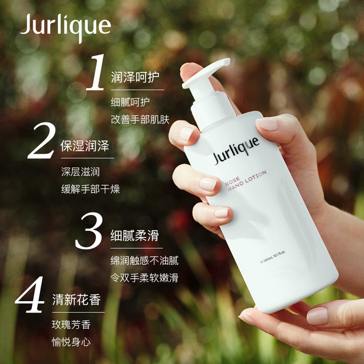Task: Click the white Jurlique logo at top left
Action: tap(66, 27)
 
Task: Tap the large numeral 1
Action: tap(96, 72)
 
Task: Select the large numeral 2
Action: tap(42, 141)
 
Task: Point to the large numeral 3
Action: tap(89, 231)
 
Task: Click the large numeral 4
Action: tap(30, 294)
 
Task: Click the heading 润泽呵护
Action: tap(135, 77)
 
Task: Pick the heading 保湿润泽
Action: tap(85, 146)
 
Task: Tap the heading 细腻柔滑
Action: tap(135, 236)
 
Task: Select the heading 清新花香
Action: tap(76, 299)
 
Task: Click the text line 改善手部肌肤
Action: tap(140, 119)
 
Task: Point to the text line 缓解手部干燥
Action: tap(91, 189)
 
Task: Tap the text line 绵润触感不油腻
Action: tap(144, 260)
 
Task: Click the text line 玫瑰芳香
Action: tap(71, 324)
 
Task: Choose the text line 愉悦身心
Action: tap(71, 342)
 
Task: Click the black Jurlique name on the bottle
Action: tap(236, 150)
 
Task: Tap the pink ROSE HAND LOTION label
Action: tap(246, 181)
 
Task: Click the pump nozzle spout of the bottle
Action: tap(206, 72)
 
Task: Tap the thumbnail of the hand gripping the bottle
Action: tap(268, 124)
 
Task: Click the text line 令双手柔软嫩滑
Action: tap(144, 278)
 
